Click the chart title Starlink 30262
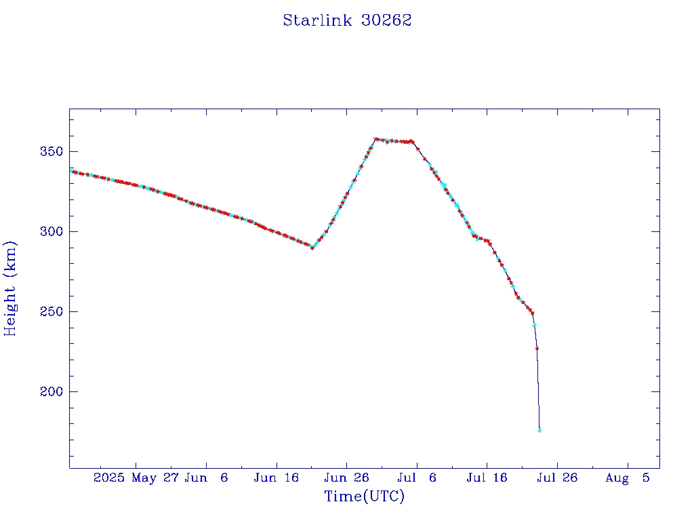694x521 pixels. [347, 20]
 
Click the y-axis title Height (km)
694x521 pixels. [10, 288]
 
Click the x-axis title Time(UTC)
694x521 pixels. [364, 497]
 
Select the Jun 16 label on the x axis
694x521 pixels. [276, 478]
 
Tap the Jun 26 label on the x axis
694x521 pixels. [346, 478]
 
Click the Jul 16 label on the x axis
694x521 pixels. [487, 478]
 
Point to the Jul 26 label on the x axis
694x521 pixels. [557, 478]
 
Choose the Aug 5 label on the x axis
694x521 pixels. [628, 478]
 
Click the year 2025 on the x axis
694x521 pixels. [109, 478]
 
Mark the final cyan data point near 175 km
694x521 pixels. [539, 430]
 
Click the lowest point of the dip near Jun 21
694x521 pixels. [312, 248]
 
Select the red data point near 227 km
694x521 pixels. [537, 348]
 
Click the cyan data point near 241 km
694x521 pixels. [534, 326]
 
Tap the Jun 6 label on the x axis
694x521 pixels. [206, 478]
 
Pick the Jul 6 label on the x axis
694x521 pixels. [417, 478]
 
